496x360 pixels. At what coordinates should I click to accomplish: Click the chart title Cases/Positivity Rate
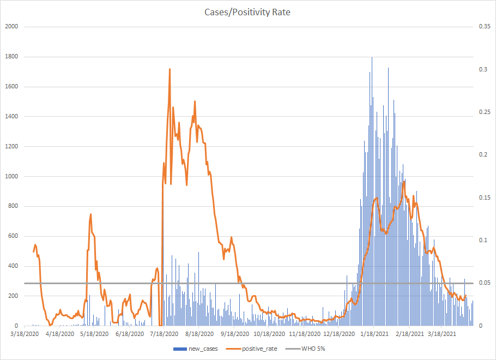(x=248, y=12)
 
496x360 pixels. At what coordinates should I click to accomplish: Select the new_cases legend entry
(x=199, y=349)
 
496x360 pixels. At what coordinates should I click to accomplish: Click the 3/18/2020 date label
(x=25, y=334)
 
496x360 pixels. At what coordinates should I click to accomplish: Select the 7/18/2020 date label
(x=164, y=334)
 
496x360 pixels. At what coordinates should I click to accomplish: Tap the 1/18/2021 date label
(x=373, y=334)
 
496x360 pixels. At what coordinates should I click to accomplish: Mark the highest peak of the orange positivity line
(x=170, y=69)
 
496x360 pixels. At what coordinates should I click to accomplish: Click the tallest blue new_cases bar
(x=372, y=58)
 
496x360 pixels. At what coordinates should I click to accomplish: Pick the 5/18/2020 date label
(x=94, y=334)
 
